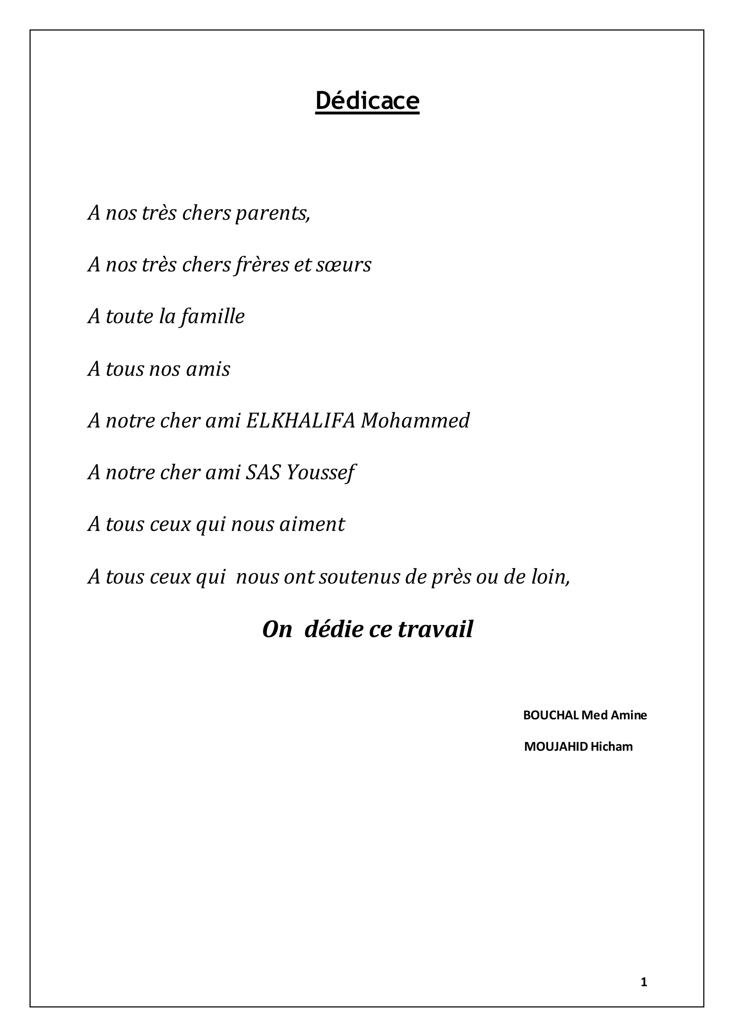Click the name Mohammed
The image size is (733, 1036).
click(415, 421)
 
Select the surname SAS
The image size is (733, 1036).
click(263, 473)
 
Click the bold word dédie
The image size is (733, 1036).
click(334, 629)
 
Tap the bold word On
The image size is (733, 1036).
click(277, 629)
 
